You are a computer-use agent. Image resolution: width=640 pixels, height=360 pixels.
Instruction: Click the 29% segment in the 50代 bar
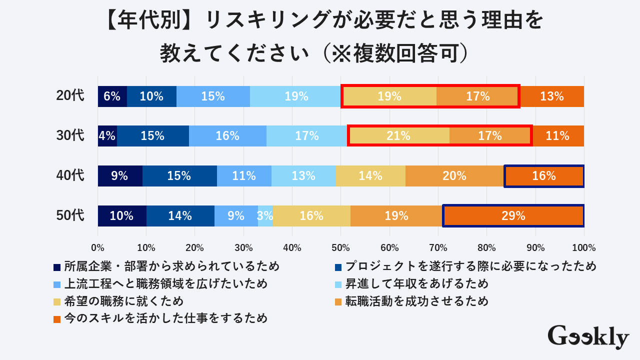513,216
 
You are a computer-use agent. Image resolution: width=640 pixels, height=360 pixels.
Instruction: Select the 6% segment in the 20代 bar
112,96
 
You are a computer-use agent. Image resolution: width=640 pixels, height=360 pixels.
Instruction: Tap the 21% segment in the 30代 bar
398,136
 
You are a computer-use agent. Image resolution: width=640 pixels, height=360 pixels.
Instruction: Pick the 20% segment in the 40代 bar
454,176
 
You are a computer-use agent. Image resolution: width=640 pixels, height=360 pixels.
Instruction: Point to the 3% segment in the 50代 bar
265,216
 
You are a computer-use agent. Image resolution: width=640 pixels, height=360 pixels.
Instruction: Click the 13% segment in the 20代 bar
551,96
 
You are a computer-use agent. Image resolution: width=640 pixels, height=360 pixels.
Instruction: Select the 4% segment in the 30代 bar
107,136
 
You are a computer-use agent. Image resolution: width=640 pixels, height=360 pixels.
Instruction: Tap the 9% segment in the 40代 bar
120,176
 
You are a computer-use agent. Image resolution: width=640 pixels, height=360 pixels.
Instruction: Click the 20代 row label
70,96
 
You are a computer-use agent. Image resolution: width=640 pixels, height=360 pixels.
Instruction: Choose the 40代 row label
70,175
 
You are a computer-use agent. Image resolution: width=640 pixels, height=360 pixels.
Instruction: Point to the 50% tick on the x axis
340,247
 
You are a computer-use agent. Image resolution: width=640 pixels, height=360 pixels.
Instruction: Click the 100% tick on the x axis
583,247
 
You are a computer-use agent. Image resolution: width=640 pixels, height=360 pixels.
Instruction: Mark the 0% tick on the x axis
97,247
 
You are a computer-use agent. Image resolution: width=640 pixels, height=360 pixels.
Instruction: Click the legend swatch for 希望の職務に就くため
57,301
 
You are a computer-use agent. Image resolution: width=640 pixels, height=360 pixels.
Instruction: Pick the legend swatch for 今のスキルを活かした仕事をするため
57,318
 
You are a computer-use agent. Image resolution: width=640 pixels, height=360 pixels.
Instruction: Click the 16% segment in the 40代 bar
544,176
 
